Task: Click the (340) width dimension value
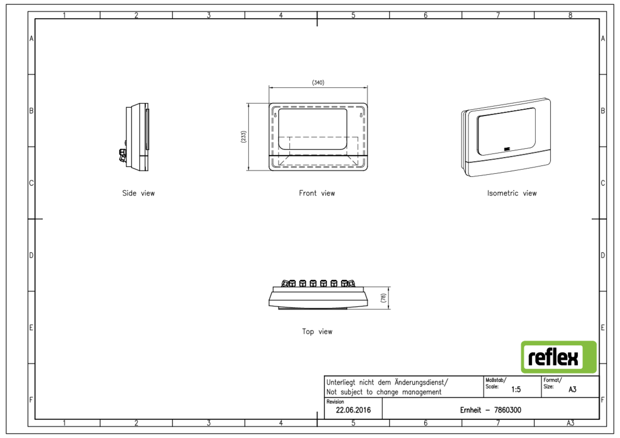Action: [x=318, y=83]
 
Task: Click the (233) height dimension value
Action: [x=243, y=137]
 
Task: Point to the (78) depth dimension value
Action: [x=383, y=298]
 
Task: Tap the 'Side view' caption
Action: [x=138, y=193]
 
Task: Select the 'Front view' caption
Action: [x=317, y=193]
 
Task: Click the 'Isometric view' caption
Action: [x=511, y=193]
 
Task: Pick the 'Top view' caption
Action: [x=317, y=332]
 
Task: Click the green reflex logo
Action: [x=558, y=357]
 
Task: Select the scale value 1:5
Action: [x=516, y=390]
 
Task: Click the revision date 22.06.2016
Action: [x=353, y=410]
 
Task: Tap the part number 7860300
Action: [x=508, y=410]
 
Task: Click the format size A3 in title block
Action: [x=572, y=390]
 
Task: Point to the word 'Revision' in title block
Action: [x=335, y=402]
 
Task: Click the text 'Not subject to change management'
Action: [x=384, y=392]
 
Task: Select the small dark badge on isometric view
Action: [x=507, y=149]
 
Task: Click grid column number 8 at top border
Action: [x=570, y=15]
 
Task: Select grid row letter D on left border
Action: [x=31, y=255]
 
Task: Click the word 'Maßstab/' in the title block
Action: [x=495, y=380]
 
